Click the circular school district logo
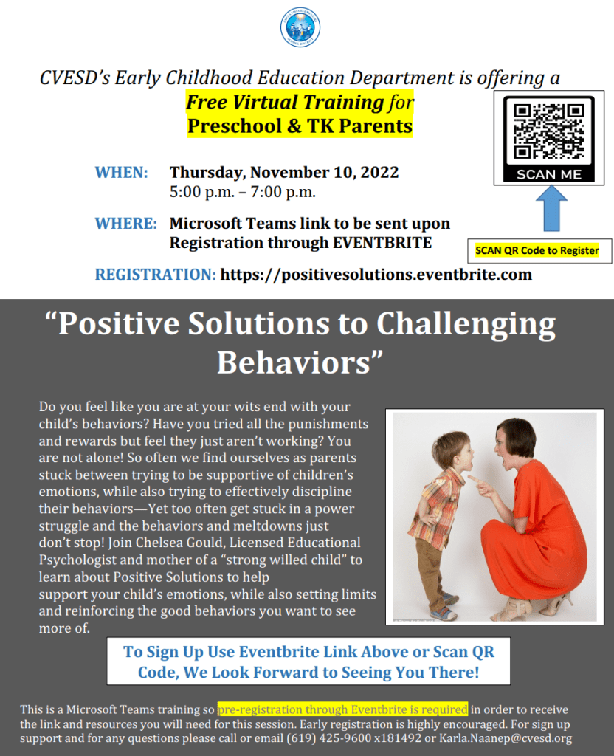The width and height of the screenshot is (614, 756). pyautogui.click(x=300, y=27)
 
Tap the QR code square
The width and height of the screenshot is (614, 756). pyautogui.click(x=548, y=131)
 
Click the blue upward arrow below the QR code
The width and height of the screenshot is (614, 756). pyautogui.click(x=551, y=209)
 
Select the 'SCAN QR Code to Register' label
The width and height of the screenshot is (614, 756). pyautogui.click(x=537, y=251)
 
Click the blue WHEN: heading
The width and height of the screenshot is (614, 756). pyautogui.click(x=122, y=173)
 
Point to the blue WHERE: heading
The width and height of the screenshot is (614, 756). pyautogui.click(x=125, y=224)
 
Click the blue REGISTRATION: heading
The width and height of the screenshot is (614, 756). pyautogui.click(x=155, y=275)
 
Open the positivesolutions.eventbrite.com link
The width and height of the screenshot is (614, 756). pyautogui.click(x=376, y=275)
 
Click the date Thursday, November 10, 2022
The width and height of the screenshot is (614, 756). pyautogui.click(x=284, y=173)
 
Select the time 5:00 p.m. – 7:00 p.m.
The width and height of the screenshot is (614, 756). pyautogui.click(x=242, y=192)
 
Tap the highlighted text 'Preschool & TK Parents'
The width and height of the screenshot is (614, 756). pyautogui.click(x=300, y=126)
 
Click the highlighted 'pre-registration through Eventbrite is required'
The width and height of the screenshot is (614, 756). pyautogui.click(x=342, y=709)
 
